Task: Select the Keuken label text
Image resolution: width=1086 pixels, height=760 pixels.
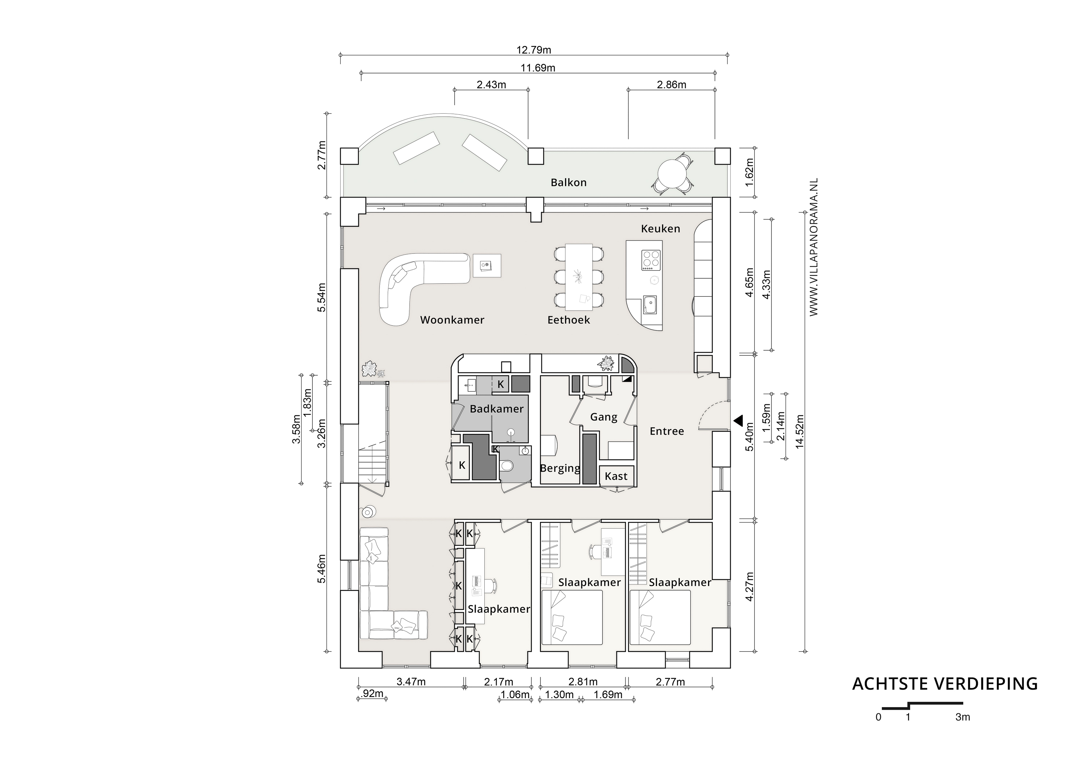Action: tap(660, 229)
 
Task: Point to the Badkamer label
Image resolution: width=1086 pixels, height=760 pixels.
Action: tap(496, 409)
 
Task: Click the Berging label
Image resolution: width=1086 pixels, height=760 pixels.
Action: tap(560, 468)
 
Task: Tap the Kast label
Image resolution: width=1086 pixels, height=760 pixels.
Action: tap(616, 476)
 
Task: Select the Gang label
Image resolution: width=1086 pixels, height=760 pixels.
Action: tap(603, 417)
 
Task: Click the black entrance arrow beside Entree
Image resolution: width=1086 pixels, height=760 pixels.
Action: tap(738, 420)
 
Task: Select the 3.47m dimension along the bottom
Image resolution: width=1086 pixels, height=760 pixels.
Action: tap(411, 682)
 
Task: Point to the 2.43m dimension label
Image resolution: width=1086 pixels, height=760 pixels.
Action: tap(491, 85)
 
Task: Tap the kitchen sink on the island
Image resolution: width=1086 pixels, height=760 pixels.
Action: tap(649, 305)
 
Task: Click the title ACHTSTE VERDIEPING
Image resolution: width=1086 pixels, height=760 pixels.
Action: tap(944, 684)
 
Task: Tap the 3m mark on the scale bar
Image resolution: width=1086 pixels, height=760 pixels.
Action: tap(962, 717)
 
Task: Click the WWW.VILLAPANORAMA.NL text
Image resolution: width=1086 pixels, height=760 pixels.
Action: tap(813, 247)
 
